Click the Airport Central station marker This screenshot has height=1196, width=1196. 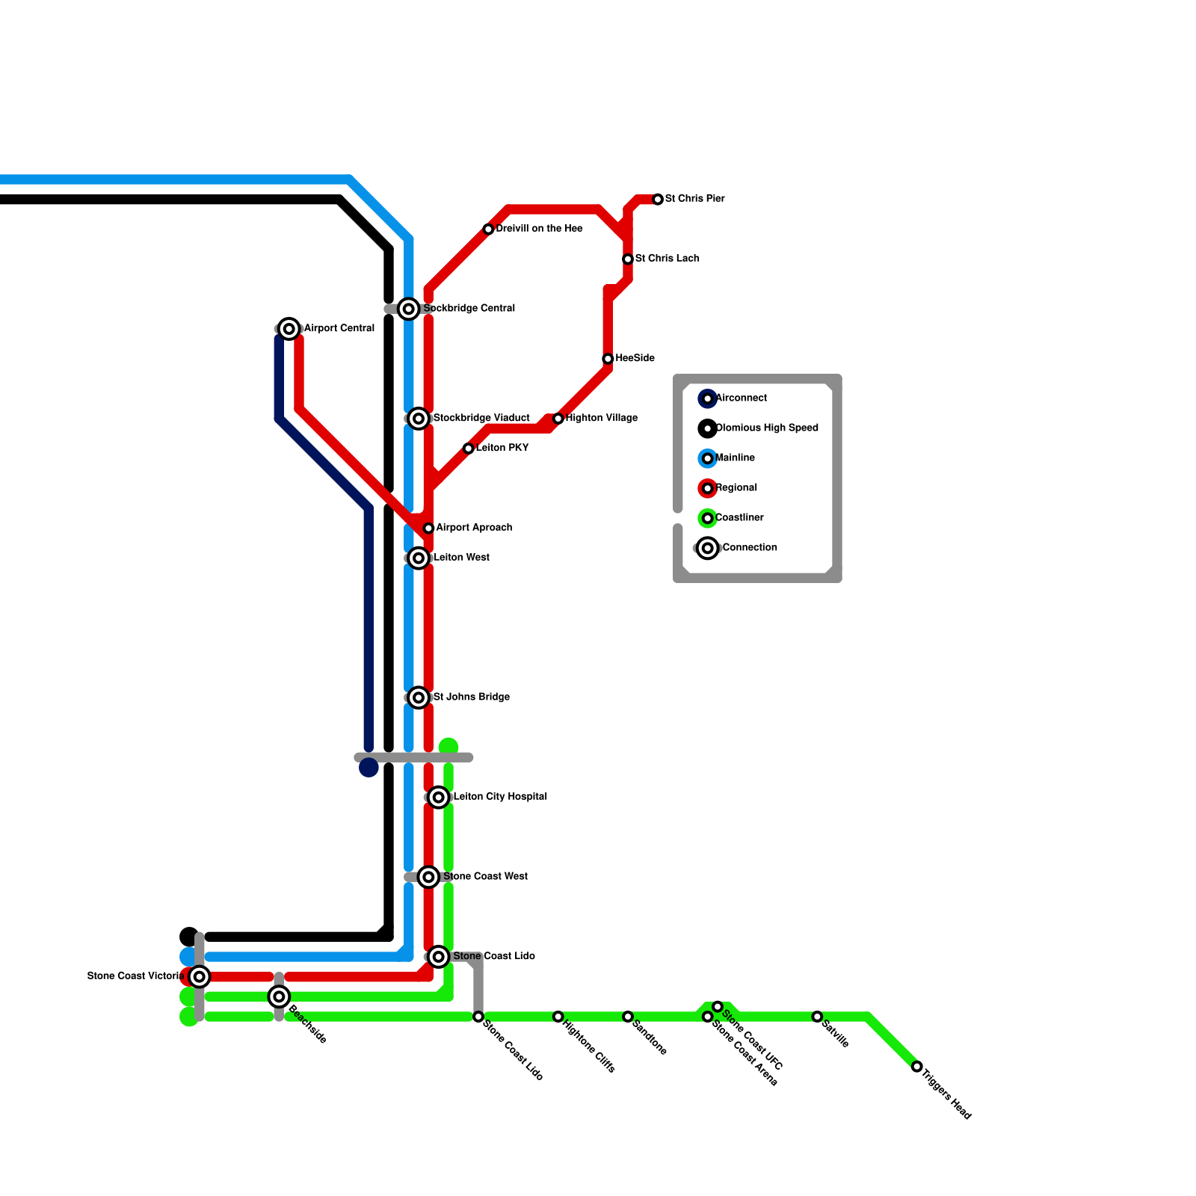pos(289,329)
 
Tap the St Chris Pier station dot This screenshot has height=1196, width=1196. pos(658,200)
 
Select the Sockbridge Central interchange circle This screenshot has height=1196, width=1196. pos(408,309)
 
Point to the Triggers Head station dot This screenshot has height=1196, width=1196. pos(917,1067)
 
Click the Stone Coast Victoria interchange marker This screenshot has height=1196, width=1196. pos(199,976)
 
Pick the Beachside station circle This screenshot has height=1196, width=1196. pos(279,996)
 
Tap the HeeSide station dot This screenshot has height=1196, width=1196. pos(608,359)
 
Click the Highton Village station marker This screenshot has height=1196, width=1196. pos(558,419)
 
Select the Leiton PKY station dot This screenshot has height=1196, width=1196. pos(468,449)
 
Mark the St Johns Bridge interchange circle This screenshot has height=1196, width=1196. pos(419,697)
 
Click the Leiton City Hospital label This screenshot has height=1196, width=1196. pos(500,797)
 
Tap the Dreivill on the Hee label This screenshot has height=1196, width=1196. pos(539,229)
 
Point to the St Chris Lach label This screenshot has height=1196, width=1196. pos(667,259)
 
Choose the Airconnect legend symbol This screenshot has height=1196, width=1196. pos(707,398)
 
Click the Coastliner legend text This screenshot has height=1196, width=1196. pos(739,518)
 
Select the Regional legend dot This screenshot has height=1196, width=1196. pos(707,488)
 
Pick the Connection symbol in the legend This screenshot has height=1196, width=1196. pos(707,548)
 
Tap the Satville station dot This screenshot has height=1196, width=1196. pos(817,1017)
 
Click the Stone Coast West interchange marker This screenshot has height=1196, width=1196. pos(428,877)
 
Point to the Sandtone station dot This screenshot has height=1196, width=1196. pos(628,1017)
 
